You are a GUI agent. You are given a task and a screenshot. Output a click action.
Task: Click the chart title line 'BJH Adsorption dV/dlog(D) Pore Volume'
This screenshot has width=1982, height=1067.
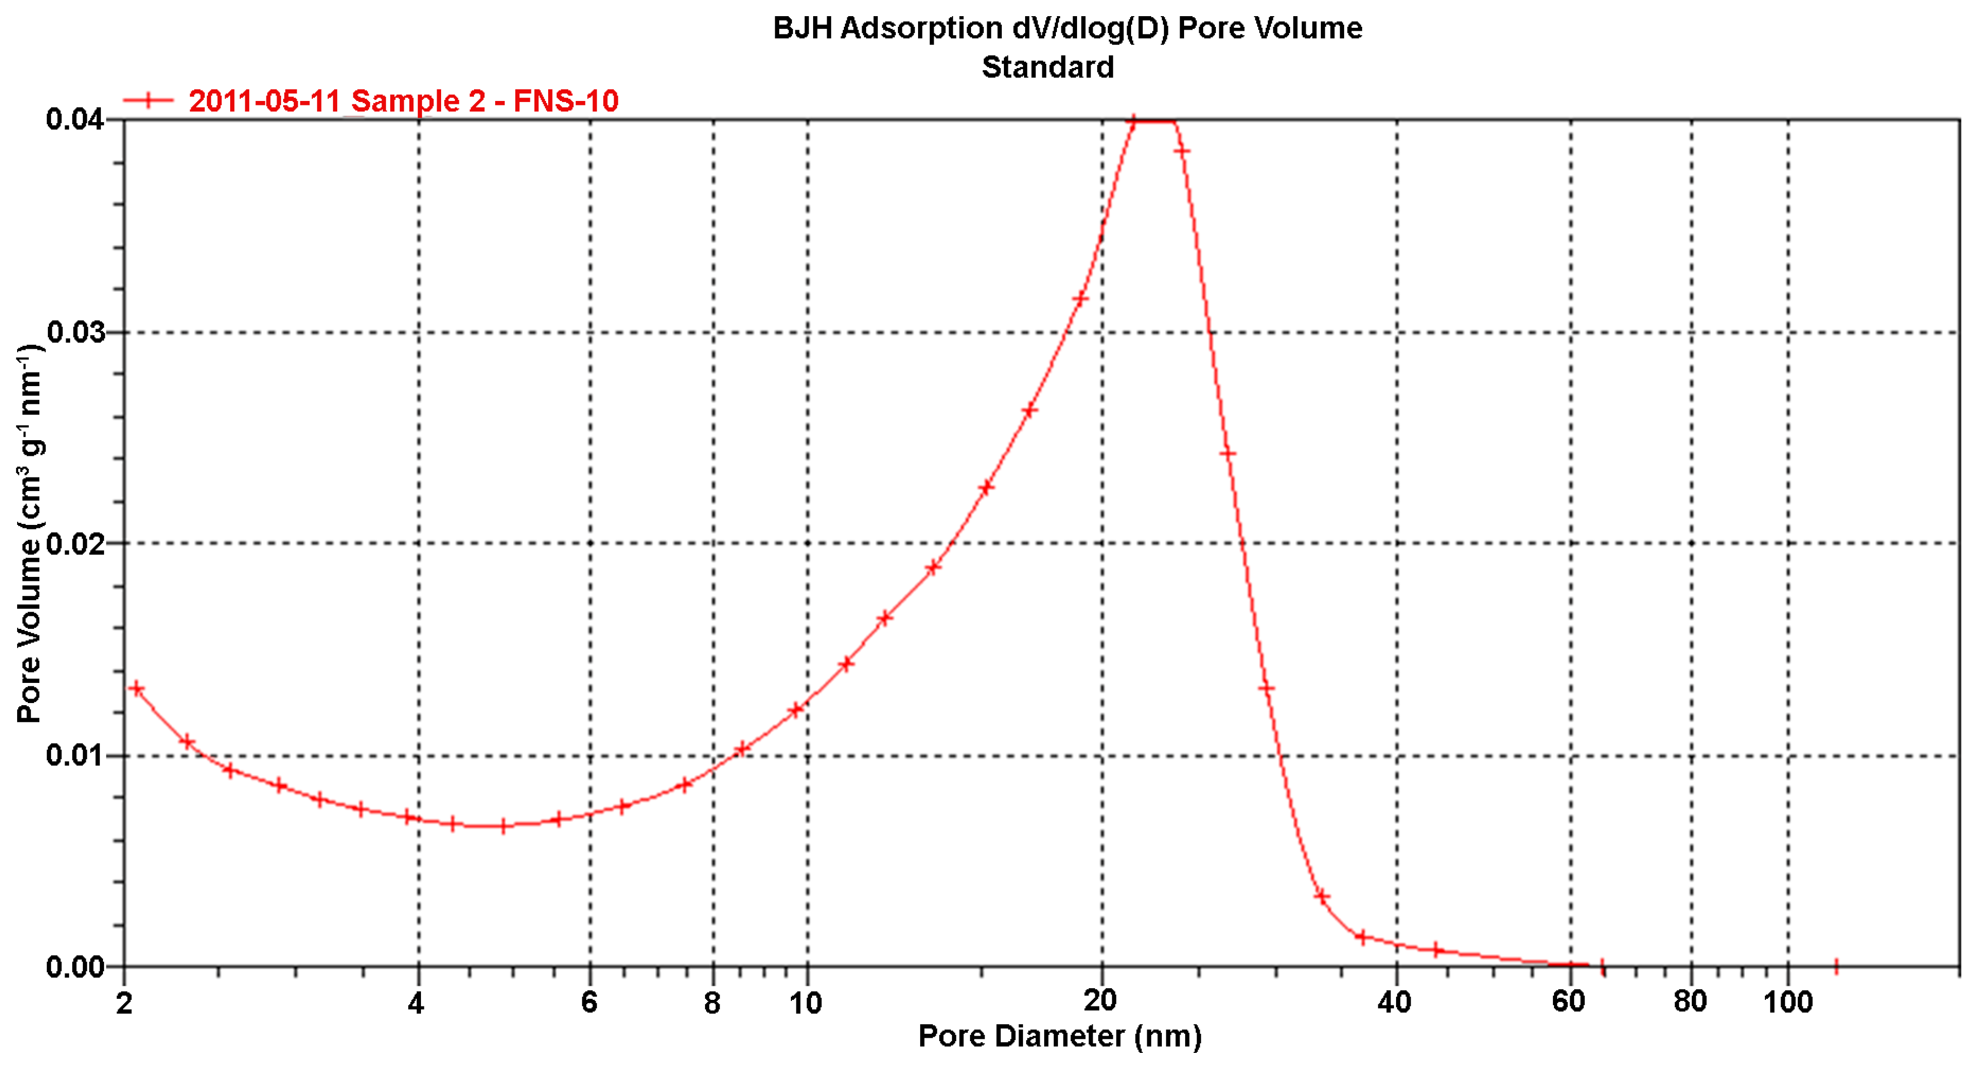[x=1067, y=28]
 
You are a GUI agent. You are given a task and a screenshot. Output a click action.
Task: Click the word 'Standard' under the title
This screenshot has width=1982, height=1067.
[x=1047, y=68]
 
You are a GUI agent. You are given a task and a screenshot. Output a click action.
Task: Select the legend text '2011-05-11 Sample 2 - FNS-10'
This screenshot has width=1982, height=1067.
[x=403, y=101]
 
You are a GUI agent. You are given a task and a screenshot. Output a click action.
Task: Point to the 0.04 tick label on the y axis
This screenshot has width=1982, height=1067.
[x=75, y=119]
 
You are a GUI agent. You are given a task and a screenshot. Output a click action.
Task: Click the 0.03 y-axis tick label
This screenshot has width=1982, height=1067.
[x=75, y=332]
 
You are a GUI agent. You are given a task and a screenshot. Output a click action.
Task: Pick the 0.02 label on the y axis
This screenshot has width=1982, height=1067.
[x=75, y=543]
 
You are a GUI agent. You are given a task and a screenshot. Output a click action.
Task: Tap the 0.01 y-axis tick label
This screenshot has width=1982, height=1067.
[x=75, y=755]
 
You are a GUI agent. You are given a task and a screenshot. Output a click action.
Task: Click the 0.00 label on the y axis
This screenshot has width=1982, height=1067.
[x=75, y=966]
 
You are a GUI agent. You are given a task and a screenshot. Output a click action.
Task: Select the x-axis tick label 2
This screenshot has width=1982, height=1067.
[x=125, y=1003]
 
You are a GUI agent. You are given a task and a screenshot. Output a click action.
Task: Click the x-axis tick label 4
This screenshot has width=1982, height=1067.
[x=416, y=1003]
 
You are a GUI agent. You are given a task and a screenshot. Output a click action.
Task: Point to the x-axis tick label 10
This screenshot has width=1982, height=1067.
[x=806, y=1003]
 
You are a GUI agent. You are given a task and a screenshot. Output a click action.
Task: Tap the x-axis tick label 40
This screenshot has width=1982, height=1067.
[x=1394, y=1002]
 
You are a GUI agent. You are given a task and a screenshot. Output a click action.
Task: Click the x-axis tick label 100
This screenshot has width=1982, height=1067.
[x=1787, y=1002]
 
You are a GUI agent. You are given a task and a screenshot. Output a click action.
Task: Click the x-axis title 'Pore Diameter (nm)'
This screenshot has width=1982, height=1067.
[x=1059, y=1036]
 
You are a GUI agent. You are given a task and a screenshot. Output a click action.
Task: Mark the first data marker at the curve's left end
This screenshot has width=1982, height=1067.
[x=137, y=688]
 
